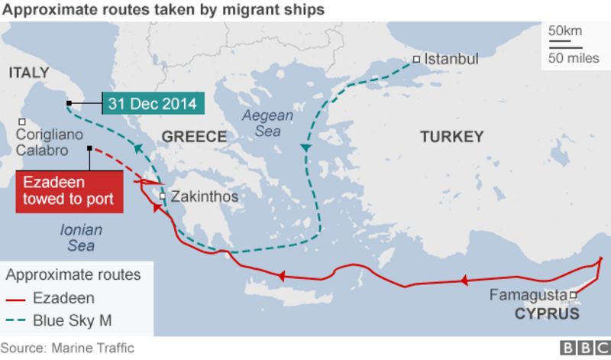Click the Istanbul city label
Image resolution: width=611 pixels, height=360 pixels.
pyautogui.click(x=451, y=59)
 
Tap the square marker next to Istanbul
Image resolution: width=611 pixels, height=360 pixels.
pyautogui.click(x=416, y=59)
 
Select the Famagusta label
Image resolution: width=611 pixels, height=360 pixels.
pyautogui.click(x=528, y=294)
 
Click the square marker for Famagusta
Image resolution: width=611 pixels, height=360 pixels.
pyautogui.click(x=572, y=294)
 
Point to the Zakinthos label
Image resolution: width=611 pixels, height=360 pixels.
pyautogui.click(x=204, y=197)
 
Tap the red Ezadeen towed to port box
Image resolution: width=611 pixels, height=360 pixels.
pyautogui.click(x=68, y=192)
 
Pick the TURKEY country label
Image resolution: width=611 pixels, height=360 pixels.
pyautogui.click(x=451, y=137)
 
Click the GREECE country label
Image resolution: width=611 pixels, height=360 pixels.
pyautogui.click(x=194, y=137)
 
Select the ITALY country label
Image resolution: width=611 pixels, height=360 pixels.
pyautogui.click(x=28, y=73)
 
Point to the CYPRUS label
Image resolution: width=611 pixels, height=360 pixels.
pyautogui.click(x=546, y=314)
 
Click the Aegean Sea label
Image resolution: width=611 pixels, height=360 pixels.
pyautogui.click(x=267, y=123)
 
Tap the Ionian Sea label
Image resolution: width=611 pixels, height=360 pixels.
pyautogui.click(x=81, y=237)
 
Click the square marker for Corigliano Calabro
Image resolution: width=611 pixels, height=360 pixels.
pyautogui.click(x=23, y=122)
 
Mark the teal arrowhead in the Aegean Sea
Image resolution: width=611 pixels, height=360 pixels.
pyautogui.click(x=305, y=147)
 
